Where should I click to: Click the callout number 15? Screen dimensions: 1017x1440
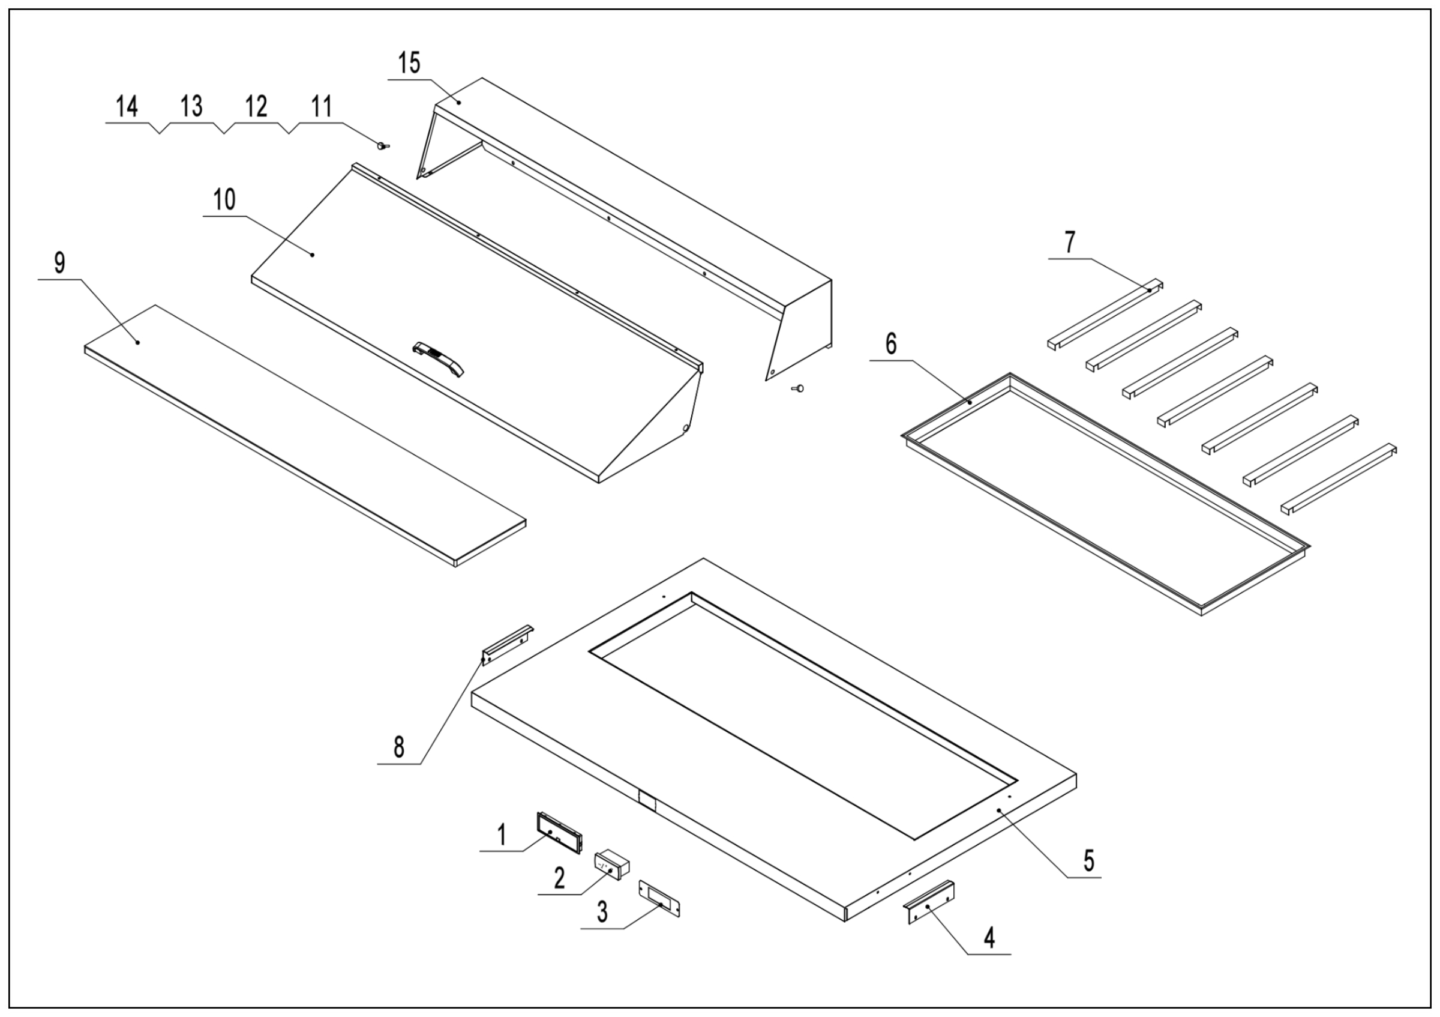[x=410, y=64]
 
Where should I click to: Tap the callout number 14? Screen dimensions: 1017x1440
[x=127, y=107]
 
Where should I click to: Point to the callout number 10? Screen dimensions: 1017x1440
[x=224, y=200]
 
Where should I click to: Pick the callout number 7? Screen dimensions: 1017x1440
[x=1069, y=242]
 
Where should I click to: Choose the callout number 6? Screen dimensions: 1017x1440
[x=890, y=344]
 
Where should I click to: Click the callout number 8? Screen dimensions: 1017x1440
[x=399, y=747]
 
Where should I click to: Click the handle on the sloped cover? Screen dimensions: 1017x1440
[x=439, y=359]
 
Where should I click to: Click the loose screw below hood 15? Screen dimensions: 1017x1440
[x=799, y=389]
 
